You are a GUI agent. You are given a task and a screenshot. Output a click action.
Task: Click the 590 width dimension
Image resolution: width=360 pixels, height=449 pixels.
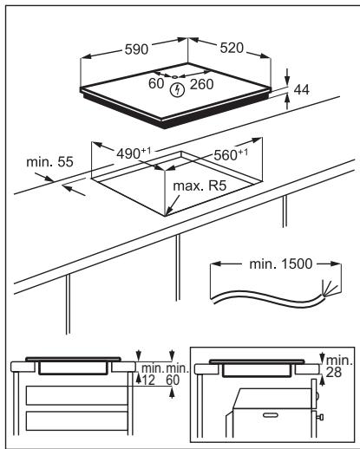point(136,49)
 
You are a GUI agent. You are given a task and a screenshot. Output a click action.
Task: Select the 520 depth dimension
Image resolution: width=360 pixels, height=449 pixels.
point(232,48)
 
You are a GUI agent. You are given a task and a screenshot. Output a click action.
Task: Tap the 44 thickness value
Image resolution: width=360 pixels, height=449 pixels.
point(302,90)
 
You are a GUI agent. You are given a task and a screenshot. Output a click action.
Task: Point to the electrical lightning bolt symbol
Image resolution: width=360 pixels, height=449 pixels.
point(177,90)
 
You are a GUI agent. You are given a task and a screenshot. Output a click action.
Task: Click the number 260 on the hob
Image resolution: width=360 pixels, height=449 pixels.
point(202,84)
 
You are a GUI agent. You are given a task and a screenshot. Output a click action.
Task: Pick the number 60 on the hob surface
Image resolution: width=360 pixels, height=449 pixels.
point(156,83)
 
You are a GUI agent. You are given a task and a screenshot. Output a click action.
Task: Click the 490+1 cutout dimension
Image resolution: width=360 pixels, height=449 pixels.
point(134,153)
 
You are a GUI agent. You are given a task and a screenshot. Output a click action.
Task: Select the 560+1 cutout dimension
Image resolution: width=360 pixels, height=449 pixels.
point(231,154)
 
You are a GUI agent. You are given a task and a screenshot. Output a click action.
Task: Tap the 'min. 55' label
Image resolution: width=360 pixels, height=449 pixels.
point(49,162)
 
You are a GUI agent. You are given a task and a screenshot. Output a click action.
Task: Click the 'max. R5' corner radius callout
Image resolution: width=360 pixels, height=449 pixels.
point(200,185)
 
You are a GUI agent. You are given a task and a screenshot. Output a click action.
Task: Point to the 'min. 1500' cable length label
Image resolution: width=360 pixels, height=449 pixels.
point(281,264)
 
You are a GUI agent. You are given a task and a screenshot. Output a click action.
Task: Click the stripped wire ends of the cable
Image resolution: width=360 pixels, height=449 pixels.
point(331,288)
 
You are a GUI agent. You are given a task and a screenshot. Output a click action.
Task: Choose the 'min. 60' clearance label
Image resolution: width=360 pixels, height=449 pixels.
point(177,374)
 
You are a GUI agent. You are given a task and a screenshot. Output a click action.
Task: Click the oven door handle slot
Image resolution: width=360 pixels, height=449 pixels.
point(271,415)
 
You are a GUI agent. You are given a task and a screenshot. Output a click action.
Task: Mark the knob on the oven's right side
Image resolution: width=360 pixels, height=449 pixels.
point(320,417)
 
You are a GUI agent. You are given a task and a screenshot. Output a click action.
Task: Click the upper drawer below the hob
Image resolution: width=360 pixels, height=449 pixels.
point(76,395)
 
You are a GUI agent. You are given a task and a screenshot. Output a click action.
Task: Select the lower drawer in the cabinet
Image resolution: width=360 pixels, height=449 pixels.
point(76,421)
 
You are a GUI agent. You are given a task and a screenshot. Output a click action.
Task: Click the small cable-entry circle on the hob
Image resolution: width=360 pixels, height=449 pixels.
point(175,77)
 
